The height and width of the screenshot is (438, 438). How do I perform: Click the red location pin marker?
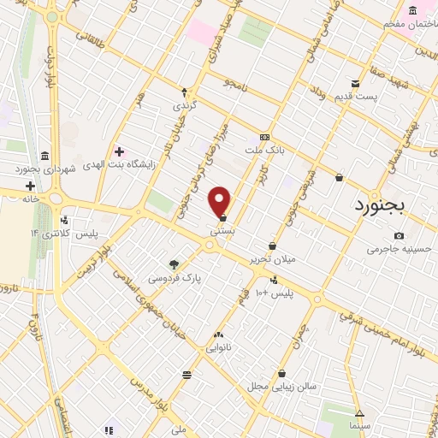(x=221, y=200)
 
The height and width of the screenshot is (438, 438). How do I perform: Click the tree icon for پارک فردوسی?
(x=174, y=264)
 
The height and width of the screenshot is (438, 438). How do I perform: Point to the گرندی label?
(x=184, y=105)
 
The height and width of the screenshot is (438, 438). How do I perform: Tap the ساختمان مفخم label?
(x=403, y=24)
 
